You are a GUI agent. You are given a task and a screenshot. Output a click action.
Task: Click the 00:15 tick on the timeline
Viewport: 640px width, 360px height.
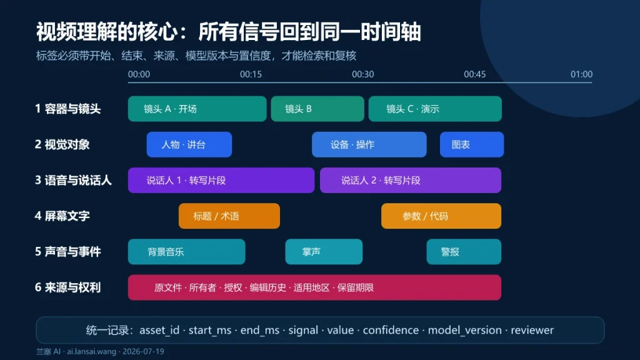pyautogui.click(x=251, y=74)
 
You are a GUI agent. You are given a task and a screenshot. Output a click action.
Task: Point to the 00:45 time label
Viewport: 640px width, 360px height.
pyautogui.click(x=475, y=74)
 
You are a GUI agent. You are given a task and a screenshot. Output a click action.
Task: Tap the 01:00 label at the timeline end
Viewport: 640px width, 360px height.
pyautogui.click(x=581, y=74)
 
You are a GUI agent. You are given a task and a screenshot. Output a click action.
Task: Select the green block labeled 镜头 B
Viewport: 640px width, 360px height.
pyautogui.click(x=317, y=109)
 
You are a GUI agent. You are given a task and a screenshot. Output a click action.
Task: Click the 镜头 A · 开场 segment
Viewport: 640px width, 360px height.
pyautogui.click(x=197, y=109)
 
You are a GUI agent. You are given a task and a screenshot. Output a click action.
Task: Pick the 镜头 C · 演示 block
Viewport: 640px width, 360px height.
pyautogui.click(x=435, y=109)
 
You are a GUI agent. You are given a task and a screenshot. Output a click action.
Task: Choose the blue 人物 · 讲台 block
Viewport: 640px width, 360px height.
pyautogui.click(x=189, y=144)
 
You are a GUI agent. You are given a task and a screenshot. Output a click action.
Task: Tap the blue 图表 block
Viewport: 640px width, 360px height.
pyautogui.click(x=472, y=144)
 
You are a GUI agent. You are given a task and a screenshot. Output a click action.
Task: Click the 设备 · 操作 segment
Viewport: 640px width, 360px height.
pyautogui.click(x=369, y=144)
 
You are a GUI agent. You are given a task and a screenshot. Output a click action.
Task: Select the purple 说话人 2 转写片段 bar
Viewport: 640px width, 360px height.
pyautogui.click(x=411, y=180)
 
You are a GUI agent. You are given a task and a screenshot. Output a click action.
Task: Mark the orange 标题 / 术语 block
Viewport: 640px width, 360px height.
pyautogui.click(x=229, y=216)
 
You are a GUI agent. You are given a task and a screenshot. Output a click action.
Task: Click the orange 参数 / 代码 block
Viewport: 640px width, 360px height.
pyautogui.click(x=441, y=216)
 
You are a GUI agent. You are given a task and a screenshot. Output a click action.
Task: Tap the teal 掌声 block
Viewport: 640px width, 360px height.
pyautogui.click(x=324, y=251)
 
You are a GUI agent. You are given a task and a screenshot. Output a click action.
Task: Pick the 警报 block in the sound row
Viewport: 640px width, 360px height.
pyautogui.click(x=464, y=251)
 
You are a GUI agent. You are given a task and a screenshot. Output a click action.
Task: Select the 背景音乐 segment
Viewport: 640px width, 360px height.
pyautogui.click(x=186, y=251)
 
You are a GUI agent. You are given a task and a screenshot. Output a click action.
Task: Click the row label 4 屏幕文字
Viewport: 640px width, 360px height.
pyautogui.click(x=62, y=216)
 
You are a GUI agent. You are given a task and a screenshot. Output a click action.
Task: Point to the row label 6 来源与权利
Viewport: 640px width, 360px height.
pyautogui.click(x=67, y=287)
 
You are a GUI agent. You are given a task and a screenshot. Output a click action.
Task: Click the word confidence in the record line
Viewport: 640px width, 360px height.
pyautogui.click(x=391, y=330)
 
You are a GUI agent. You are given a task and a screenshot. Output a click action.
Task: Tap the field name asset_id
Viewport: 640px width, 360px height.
pyautogui.click(x=159, y=330)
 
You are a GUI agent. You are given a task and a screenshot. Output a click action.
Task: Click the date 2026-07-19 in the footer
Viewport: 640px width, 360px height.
pyautogui.click(x=143, y=351)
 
